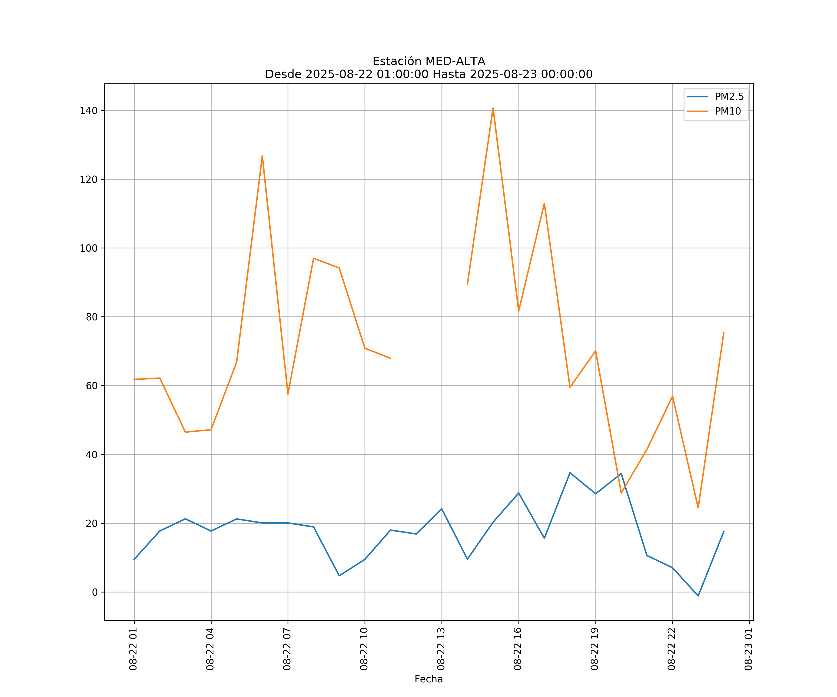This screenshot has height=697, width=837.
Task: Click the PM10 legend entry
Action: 727,112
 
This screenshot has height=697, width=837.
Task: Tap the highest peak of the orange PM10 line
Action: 493,108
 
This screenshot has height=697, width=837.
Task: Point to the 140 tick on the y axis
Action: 89,111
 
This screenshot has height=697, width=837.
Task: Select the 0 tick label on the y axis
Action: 94,592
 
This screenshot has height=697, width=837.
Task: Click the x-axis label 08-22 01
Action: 133,649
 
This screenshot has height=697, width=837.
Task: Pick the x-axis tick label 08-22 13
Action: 441,649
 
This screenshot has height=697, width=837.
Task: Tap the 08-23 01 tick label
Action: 748,649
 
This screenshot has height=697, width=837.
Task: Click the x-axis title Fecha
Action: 428,679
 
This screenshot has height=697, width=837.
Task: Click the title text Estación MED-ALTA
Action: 428,61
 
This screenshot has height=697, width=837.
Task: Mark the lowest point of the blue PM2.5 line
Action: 698,596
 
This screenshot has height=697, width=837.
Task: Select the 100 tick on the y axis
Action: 89,248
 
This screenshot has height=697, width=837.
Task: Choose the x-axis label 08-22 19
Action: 595,649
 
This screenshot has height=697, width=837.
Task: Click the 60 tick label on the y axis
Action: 91,385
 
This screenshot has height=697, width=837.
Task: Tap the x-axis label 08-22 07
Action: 287,649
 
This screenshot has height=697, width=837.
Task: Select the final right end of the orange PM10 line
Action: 724,332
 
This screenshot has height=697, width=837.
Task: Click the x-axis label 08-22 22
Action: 672,649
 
